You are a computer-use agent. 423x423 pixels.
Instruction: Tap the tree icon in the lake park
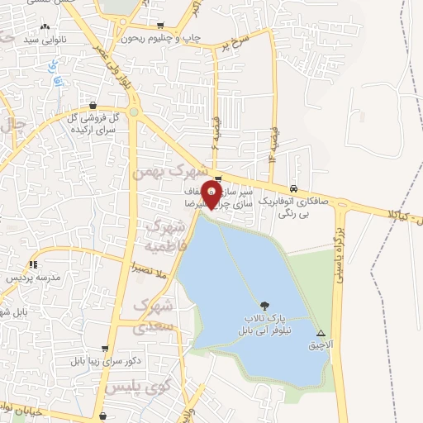click(x=264, y=307)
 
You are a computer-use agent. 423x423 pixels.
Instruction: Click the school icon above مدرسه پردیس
click(x=34, y=264)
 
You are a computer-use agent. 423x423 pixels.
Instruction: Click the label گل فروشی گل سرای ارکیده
click(x=92, y=124)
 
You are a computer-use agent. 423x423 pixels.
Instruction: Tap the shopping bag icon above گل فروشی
click(x=92, y=106)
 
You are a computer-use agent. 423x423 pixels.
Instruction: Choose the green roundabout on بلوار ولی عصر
click(x=134, y=111)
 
